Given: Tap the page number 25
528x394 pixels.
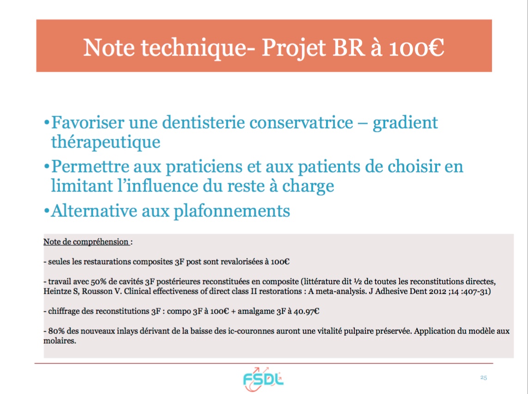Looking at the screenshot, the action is (x=484, y=377).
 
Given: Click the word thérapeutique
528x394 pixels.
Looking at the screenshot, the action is (x=106, y=142).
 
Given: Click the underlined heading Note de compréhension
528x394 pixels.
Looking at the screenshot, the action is (x=86, y=242).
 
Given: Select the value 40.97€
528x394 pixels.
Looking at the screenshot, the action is (x=306, y=311).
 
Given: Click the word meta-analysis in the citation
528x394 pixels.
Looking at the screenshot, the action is (x=340, y=291).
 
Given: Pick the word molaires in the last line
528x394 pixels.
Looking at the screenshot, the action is (x=60, y=341).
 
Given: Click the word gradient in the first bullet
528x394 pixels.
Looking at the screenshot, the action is (x=405, y=123).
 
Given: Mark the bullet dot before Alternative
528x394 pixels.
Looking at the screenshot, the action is (x=47, y=211).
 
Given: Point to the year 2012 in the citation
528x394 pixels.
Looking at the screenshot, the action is (x=438, y=291).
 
